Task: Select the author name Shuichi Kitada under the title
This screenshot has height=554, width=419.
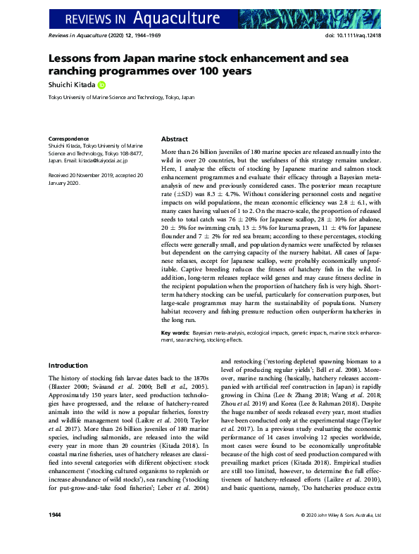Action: click(x=72, y=86)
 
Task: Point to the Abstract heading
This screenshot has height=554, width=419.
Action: click(x=175, y=139)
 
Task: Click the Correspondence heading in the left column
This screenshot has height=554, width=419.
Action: click(x=68, y=139)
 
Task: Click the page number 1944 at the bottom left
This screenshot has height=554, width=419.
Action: click(x=55, y=534)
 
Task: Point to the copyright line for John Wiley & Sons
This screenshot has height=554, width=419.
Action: click(x=341, y=534)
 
